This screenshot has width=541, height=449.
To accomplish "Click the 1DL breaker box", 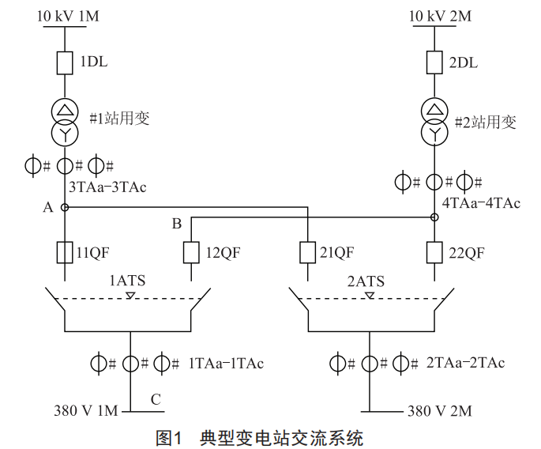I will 65,62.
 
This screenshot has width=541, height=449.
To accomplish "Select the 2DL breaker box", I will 434,62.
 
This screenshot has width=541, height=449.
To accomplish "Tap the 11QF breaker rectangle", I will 65,253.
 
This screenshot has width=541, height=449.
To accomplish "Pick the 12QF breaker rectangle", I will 191,253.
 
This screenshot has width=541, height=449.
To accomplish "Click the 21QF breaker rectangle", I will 307,253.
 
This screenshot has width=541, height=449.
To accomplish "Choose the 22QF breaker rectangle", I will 434,253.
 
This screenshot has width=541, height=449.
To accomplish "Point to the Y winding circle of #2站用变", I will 434,131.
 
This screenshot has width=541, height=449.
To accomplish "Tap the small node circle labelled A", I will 65,208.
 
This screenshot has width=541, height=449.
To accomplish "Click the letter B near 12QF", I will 176,224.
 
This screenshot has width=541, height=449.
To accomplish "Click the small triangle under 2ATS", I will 369,296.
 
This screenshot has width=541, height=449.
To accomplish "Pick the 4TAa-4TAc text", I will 481,203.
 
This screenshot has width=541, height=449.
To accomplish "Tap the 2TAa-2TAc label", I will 465,364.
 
